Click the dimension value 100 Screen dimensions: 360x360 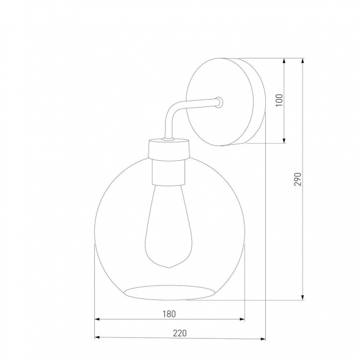coord(279,100)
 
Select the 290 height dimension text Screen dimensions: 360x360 coord(298,178)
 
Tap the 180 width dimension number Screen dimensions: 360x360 coord(169,314)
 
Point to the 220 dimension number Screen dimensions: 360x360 coord(179,333)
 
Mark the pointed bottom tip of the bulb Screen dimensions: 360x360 coord(168,267)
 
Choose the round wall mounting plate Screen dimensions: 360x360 coord(226,100)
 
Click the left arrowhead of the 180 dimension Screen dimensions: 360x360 coord(98,320)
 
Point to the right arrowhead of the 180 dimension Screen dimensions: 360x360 coord(242,320)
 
